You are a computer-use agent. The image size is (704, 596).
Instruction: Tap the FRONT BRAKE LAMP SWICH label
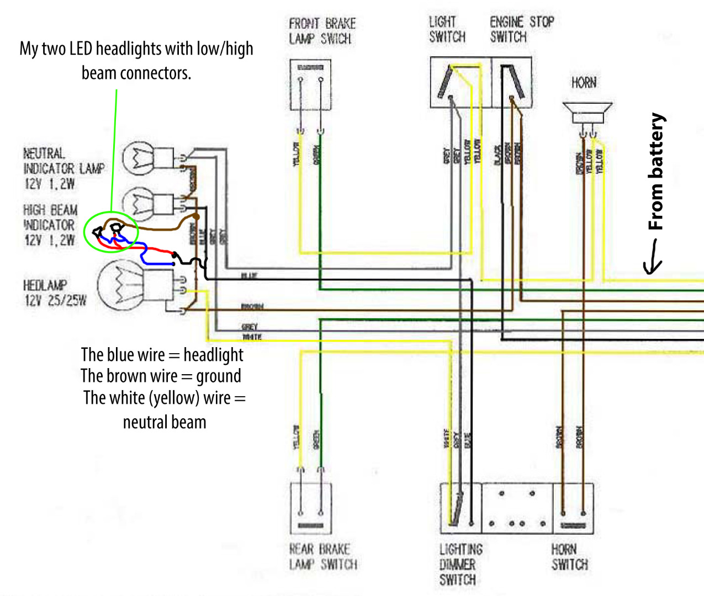click(322, 31)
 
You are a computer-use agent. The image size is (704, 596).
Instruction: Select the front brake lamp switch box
click(310, 84)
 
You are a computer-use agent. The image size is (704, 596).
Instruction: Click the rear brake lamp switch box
click(310, 508)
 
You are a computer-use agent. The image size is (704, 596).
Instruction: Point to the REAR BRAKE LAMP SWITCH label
click(323, 556)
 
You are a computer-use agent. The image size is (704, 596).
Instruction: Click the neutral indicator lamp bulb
click(138, 158)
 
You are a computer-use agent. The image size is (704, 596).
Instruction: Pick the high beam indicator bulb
click(138, 202)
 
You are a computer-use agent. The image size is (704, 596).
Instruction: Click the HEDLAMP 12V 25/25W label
click(55, 293)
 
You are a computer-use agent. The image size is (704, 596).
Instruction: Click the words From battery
click(656, 172)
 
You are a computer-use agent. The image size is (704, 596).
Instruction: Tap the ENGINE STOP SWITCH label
click(521, 29)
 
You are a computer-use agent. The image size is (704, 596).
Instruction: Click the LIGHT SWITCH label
click(447, 29)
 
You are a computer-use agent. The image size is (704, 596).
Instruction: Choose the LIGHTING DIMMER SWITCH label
click(460, 564)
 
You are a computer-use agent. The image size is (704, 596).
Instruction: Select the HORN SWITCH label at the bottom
click(569, 557)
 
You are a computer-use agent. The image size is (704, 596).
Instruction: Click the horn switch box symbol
click(573, 508)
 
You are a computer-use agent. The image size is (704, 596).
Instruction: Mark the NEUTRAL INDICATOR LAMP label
click(63, 168)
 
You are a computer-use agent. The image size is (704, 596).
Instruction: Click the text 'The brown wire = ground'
click(161, 376)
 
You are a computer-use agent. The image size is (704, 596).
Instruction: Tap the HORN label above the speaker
click(584, 83)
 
